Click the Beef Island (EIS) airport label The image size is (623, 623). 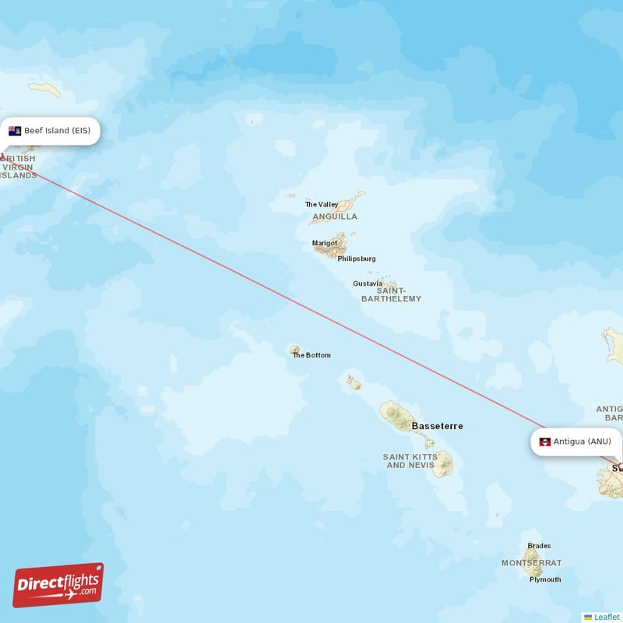tap(57, 131)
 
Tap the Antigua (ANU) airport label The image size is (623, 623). tap(583, 442)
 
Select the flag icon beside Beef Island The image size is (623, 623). tap(15, 131)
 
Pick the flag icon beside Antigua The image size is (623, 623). tap(545, 442)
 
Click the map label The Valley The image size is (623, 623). tap(322, 205)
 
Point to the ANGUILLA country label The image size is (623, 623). tap(335, 216)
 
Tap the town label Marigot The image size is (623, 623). tap(325, 243)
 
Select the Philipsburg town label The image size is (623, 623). tap(357, 259)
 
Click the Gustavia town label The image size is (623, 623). tap(368, 283)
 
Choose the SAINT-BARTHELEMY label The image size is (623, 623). tap(391, 294)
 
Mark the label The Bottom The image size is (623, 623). tap(311, 355)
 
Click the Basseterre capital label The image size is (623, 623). tap(437, 426)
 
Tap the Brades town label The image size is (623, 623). tap(539, 546)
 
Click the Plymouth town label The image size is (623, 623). tap(545, 579)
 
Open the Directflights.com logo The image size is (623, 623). tap(58, 585)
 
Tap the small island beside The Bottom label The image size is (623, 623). tap(295, 350)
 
